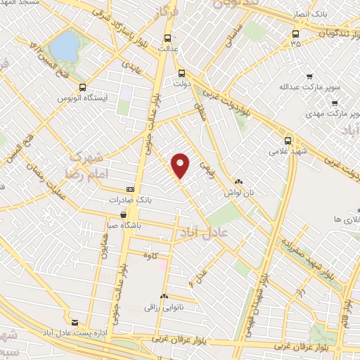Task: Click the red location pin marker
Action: tap(181, 165)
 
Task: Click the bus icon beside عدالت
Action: tap(167, 38)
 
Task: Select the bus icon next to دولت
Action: tap(181, 72)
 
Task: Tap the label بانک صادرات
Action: tap(153, 200)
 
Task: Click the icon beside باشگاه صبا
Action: tap(124, 215)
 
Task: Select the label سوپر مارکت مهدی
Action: tap(333, 112)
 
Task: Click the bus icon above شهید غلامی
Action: tap(288, 141)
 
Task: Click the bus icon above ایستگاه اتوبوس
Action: tap(84, 88)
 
